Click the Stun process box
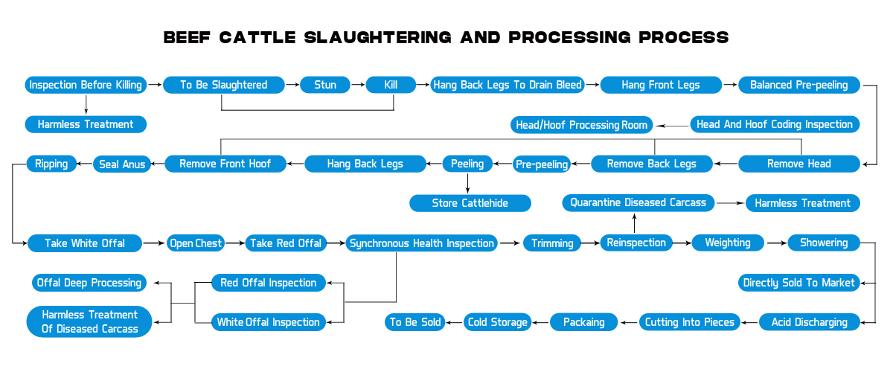point(325,85)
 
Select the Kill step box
point(391,85)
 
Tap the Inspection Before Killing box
point(86,85)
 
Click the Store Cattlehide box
point(470,202)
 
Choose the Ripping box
point(51,164)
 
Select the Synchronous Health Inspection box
point(422,243)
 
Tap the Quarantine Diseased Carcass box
point(638,202)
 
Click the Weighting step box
point(728,243)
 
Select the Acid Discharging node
point(810,322)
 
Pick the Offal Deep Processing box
point(88,283)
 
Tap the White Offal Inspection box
point(269,322)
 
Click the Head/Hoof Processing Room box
point(582,124)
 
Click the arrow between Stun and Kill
point(358,85)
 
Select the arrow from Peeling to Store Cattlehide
point(468,183)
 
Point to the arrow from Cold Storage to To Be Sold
point(455,322)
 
